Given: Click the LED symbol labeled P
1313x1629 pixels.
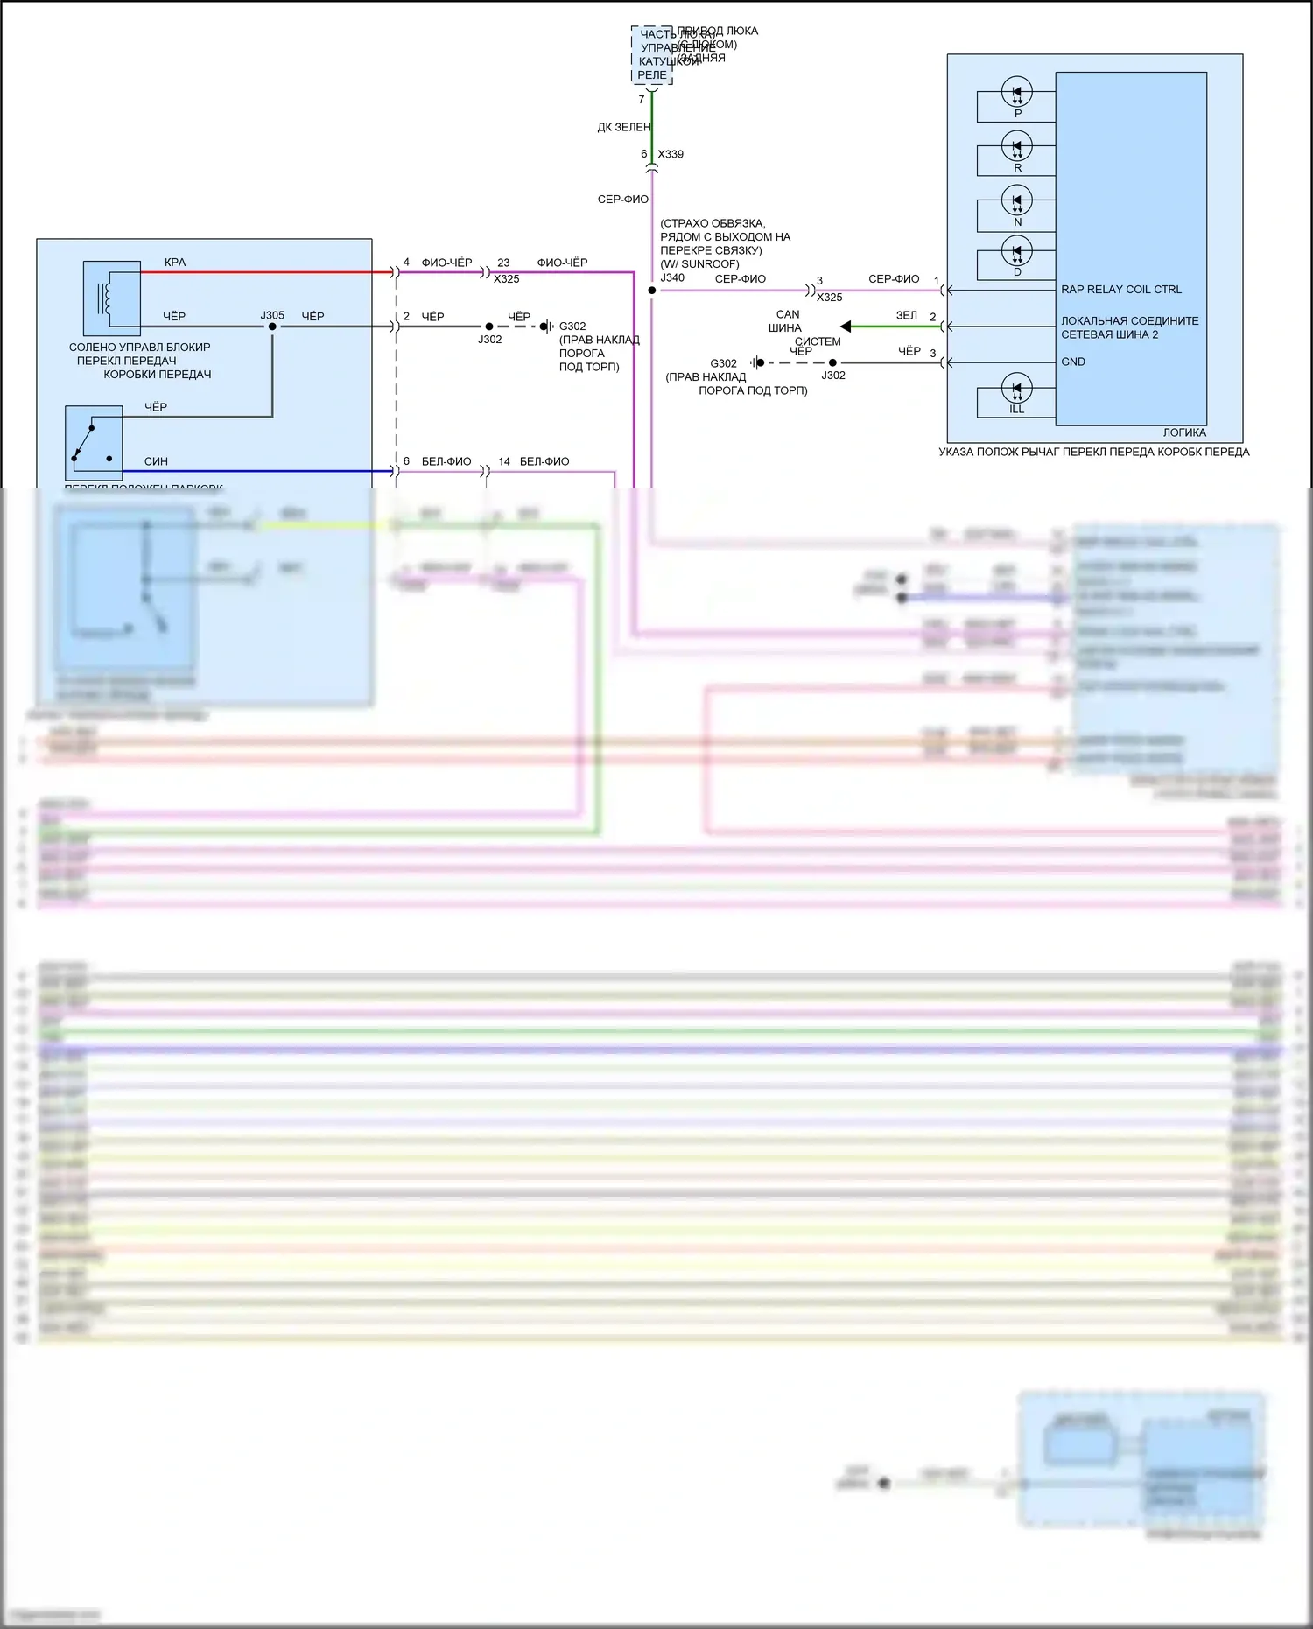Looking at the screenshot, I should click(1016, 92).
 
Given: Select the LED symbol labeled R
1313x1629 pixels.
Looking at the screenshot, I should click(1016, 146).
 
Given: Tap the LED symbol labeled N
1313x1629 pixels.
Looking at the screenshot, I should click(1016, 200).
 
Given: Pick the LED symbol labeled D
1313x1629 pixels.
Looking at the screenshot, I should click(1016, 252).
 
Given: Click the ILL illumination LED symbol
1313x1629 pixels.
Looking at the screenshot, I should click(1016, 389).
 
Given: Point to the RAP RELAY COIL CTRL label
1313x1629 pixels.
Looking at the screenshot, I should click(1120, 290).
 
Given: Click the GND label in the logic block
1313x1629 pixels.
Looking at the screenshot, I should click(1072, 362).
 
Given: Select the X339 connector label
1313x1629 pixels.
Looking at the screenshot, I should click(671, 154).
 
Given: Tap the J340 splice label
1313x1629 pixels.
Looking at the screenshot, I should click(672, 277).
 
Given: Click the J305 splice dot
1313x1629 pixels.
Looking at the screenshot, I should click(272, 327).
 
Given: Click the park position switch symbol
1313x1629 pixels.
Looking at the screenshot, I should click(93, 443).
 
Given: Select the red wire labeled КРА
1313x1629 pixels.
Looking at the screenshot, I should click(263, 272).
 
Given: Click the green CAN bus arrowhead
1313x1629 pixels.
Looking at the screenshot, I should click(846, 327).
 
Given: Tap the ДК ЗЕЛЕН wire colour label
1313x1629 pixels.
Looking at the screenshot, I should click(624, 127).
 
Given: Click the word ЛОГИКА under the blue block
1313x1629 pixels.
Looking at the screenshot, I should click(1183, 432).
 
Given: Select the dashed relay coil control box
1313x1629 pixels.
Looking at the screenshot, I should click(652, 54).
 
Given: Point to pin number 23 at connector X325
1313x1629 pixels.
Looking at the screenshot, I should click(503, 263).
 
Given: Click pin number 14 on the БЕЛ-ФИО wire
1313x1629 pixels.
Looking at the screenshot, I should click(504, 461).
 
